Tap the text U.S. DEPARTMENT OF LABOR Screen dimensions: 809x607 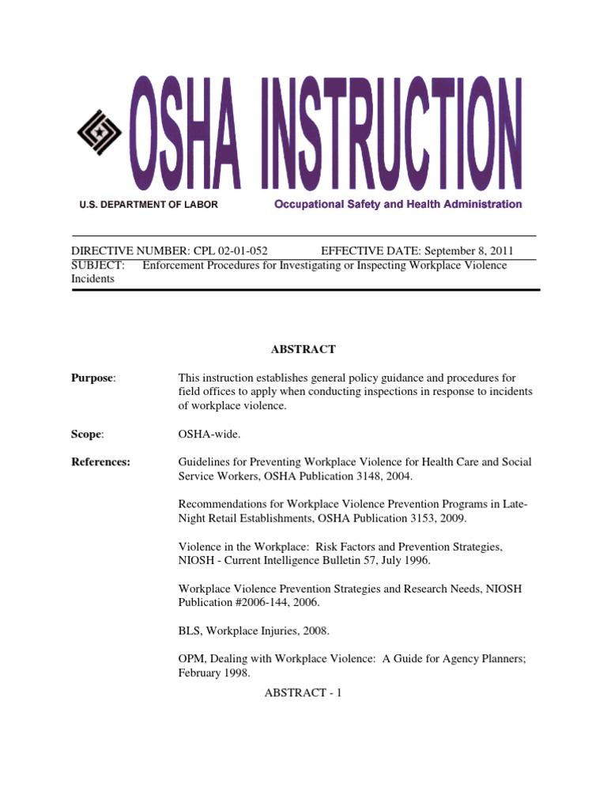coord(149,205)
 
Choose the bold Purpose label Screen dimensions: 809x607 coord(92,378)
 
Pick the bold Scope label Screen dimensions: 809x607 coord(88,434)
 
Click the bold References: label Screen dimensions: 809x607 coord(101,462)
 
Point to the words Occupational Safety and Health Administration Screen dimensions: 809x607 coord(398,204)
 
